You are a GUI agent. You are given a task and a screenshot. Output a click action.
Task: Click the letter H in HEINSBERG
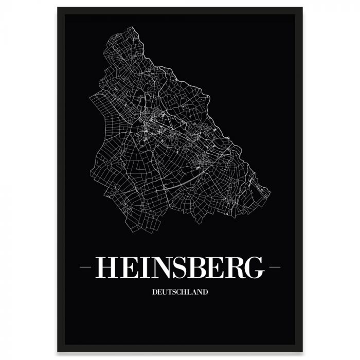106,267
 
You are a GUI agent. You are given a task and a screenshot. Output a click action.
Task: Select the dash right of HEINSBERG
275,267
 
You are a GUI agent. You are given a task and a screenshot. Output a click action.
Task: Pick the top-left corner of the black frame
58,8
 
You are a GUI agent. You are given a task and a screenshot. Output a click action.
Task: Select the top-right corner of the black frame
302,8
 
